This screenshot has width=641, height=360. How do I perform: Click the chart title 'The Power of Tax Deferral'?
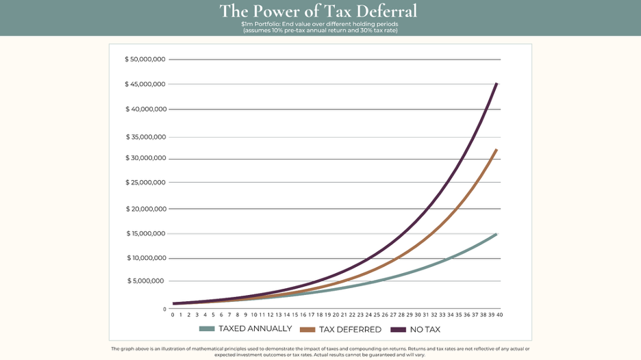click(x=318, y=11)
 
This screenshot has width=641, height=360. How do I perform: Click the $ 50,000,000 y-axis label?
click(x=145, y=60)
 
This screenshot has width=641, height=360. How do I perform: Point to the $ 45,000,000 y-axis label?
click(x=145, y=84)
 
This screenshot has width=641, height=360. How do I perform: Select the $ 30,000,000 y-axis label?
click(x=145, y=158)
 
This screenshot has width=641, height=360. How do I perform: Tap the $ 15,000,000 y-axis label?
click(x=145, y=233)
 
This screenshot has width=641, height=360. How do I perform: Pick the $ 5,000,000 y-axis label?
click(x=147, y=281)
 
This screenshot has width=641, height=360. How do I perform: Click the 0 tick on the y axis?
click(x=164, y=309)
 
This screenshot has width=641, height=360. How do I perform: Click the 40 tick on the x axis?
click(x=500, y=315)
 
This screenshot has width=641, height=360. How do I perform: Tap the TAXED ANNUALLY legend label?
click(x=255, y=329)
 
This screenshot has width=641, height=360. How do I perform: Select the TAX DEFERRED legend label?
click(x=350, y=329)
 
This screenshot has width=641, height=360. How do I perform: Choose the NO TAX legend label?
click(x=425, y=329)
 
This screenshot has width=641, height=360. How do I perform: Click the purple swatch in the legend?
click(x=399, y=329)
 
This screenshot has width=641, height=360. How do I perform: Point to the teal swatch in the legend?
click(x=207, y=329)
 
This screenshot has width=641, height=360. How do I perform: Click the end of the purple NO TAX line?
click(x=497, y=83)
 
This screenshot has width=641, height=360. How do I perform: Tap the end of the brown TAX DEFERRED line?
click(x=497, y=150)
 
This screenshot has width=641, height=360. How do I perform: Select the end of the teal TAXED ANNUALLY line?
click(x=496, y=235)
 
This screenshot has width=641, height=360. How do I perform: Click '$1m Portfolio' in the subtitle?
click(x=261, y=24)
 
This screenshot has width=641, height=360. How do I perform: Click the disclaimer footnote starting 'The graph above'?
click(x=320, y=351)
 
